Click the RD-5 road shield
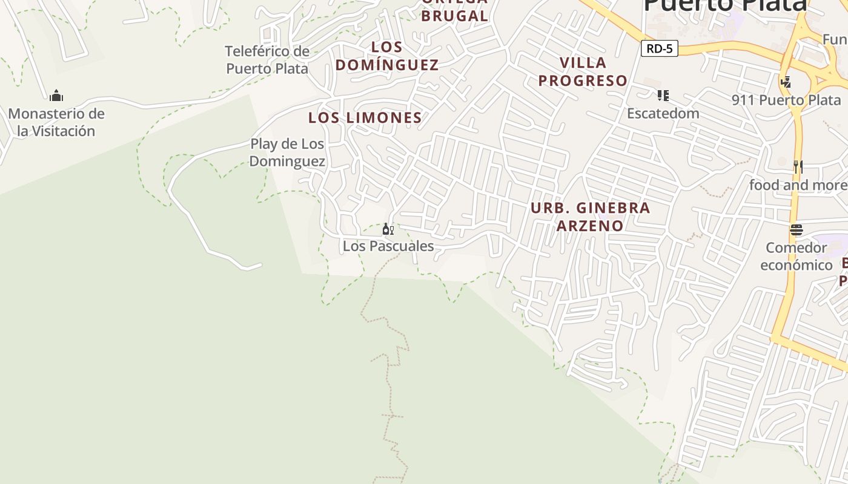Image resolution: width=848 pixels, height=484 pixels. [x=659, y=49]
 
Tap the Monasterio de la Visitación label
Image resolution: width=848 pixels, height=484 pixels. [x=56, y=122]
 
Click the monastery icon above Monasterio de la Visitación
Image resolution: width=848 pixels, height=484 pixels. [x=56, y=96]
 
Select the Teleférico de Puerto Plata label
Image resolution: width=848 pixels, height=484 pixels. [x=267, y=60]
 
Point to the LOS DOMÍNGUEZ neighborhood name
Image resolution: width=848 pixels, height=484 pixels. [x=387, y=56]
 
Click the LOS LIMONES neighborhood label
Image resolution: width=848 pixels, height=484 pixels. [x=365, y=118]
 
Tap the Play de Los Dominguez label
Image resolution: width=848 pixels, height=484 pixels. [x=287, y=152]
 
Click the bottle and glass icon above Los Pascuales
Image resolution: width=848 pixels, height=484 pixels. [x=388, y=229]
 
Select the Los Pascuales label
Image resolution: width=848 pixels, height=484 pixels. [x=388, y=246]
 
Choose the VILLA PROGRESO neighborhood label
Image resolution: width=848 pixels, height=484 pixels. [x=583, y=71]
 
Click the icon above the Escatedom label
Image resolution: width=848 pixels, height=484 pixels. [x=663, y=96]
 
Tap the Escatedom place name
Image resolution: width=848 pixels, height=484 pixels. [x=663, y=114]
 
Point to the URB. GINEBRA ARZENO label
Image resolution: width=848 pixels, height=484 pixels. [x=590, y=217]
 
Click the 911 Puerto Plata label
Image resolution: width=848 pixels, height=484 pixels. [x=786, y=100]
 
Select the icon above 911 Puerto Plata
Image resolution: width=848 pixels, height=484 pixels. [x=786, y=82]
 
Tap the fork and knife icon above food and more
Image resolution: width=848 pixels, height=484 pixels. [x=798, y=166]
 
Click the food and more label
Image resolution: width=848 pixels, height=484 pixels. [x=798, y=185]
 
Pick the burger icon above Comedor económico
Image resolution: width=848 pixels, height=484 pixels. [x=796, y=230]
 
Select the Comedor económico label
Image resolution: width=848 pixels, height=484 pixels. [x=796, y=257]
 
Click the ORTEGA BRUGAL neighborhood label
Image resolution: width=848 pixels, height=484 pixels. [x=454, y=11]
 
